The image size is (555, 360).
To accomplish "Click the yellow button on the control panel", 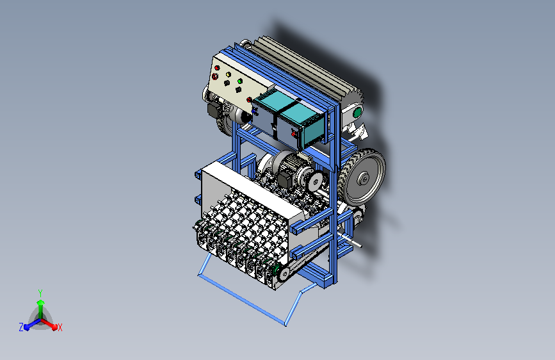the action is pos(229,75).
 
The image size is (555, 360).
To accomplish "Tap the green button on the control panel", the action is pos(239,81).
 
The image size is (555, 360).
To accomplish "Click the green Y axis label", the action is pos(40,293).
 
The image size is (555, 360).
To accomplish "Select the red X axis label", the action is pos(60,328).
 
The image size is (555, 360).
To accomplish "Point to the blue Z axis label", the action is pos(21,327).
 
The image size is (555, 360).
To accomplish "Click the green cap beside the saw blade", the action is pos(357,113).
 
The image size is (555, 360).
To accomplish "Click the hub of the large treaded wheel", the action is pos(363,179).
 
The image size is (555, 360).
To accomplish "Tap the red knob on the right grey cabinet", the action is pos(293,134).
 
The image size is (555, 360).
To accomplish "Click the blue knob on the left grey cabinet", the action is pos(253,111).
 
